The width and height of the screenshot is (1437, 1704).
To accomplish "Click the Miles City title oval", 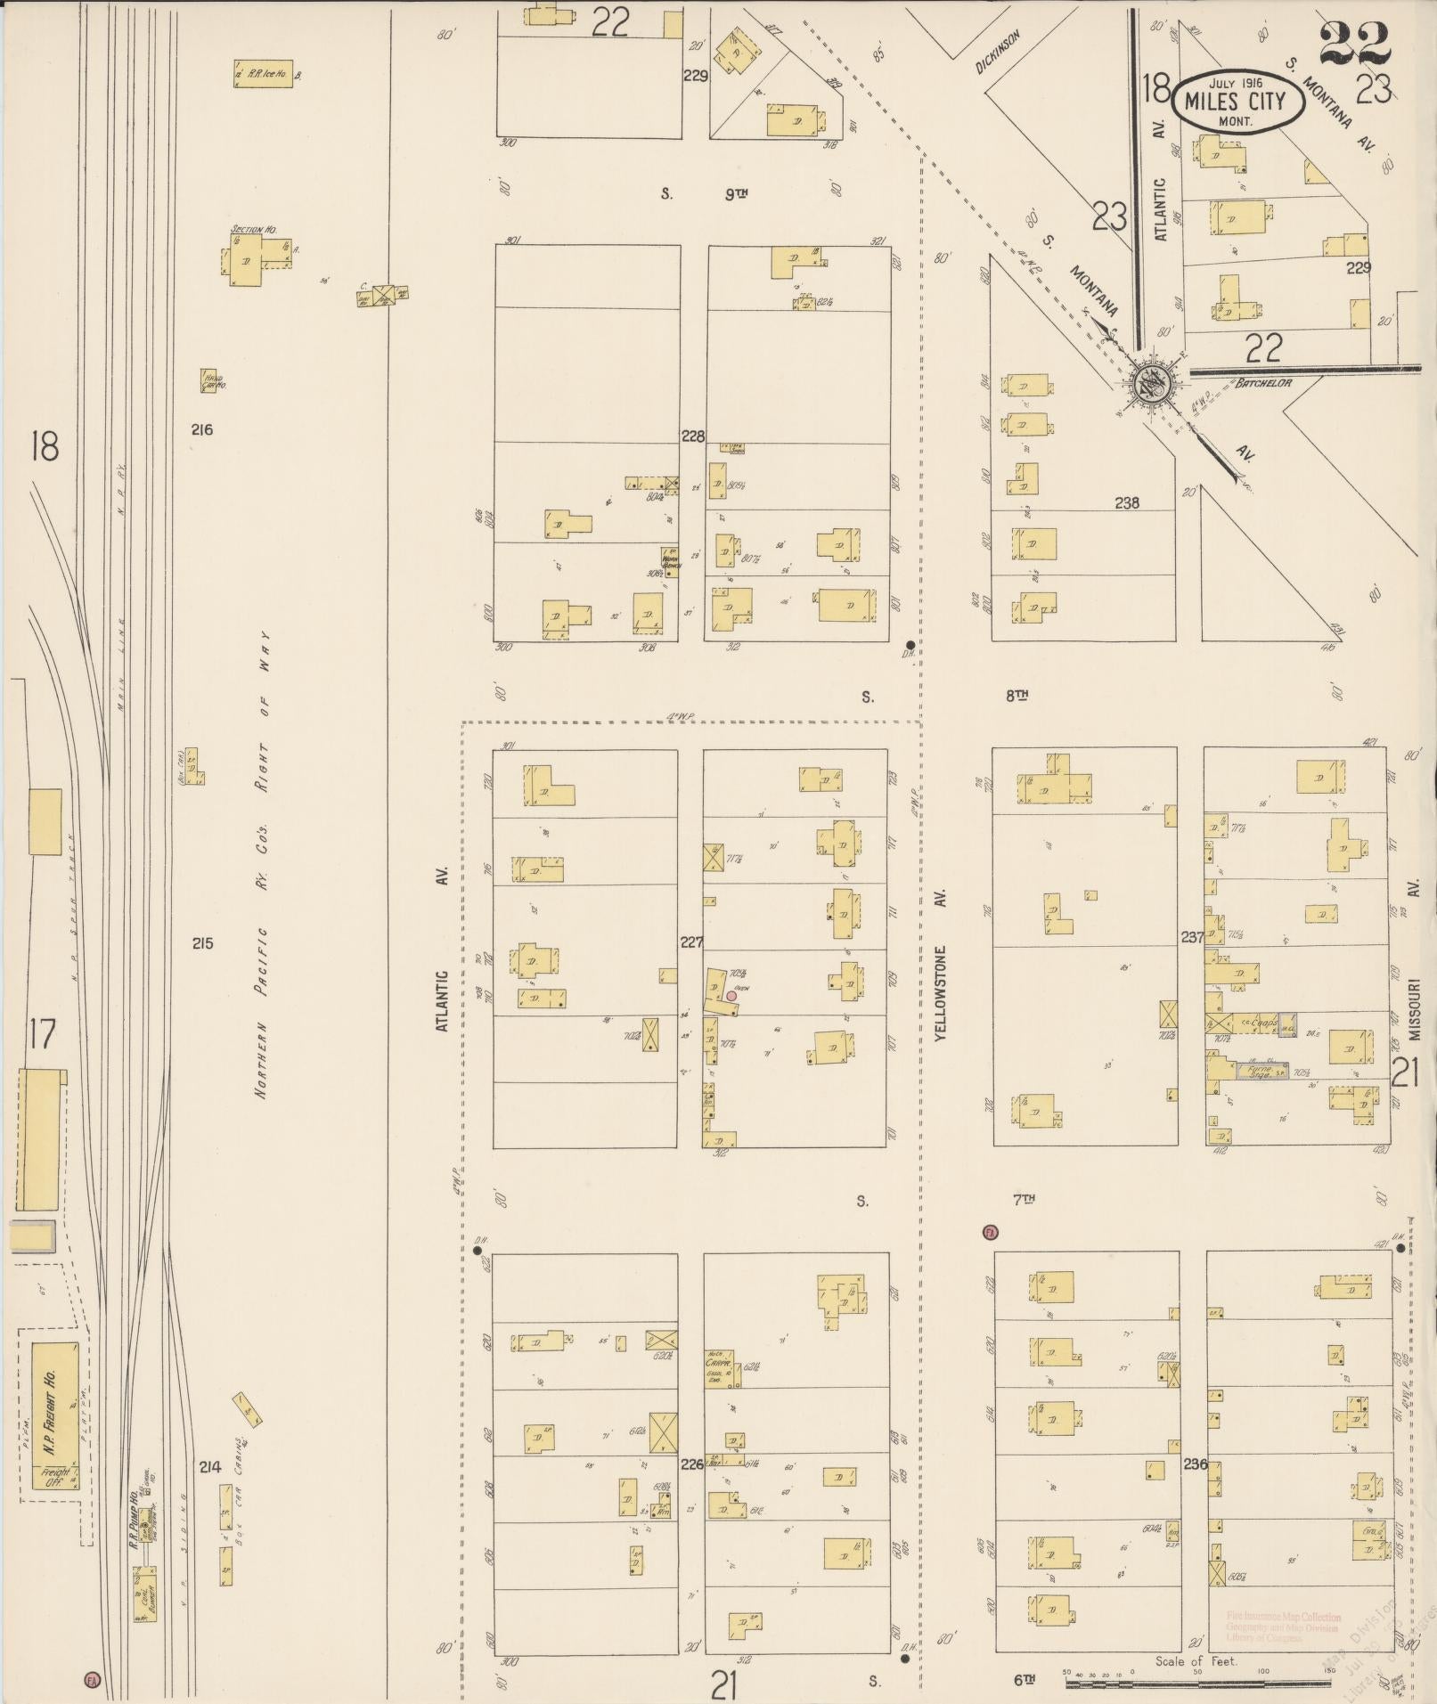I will point(1238,102).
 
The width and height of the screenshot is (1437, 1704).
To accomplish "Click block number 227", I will point(691,942).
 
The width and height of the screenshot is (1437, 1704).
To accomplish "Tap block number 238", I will point(1127,502).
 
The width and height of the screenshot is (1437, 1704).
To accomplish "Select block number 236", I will point(1195,1463).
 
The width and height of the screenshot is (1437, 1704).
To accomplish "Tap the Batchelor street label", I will point(1262,383).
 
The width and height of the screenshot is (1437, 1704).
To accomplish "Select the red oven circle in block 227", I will point(731,996).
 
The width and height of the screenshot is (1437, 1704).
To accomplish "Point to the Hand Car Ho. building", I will point(212,381).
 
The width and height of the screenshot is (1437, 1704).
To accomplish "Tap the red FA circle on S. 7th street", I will point(989,1233).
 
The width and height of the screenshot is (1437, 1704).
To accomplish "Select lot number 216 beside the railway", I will point(202,429).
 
